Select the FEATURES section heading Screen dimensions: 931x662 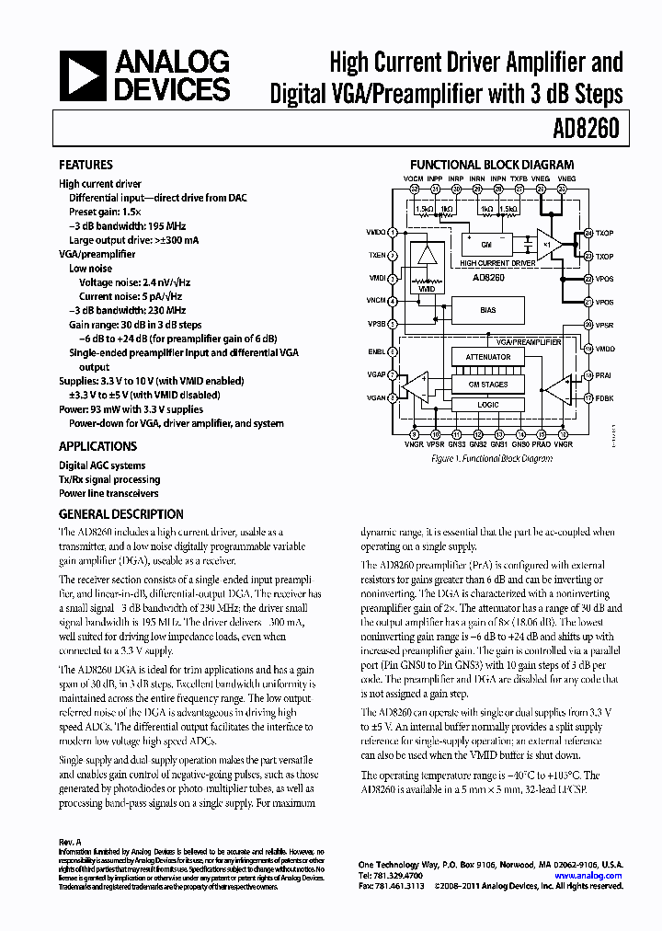coord(86,165)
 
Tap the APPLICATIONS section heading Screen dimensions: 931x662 coord(97,446)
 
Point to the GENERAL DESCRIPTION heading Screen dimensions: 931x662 coord(120,514)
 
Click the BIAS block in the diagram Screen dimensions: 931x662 coord(488,310)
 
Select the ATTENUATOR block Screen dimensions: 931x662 coord(488,357)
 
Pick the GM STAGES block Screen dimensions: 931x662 coord(488,385)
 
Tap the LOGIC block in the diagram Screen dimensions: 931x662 coord(488,404)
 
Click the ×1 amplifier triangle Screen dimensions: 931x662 coord(549,244)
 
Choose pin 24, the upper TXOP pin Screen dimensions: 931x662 coord(588,234)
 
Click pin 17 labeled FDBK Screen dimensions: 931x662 coord(588,397)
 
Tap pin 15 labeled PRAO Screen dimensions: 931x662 coord(542,433)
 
